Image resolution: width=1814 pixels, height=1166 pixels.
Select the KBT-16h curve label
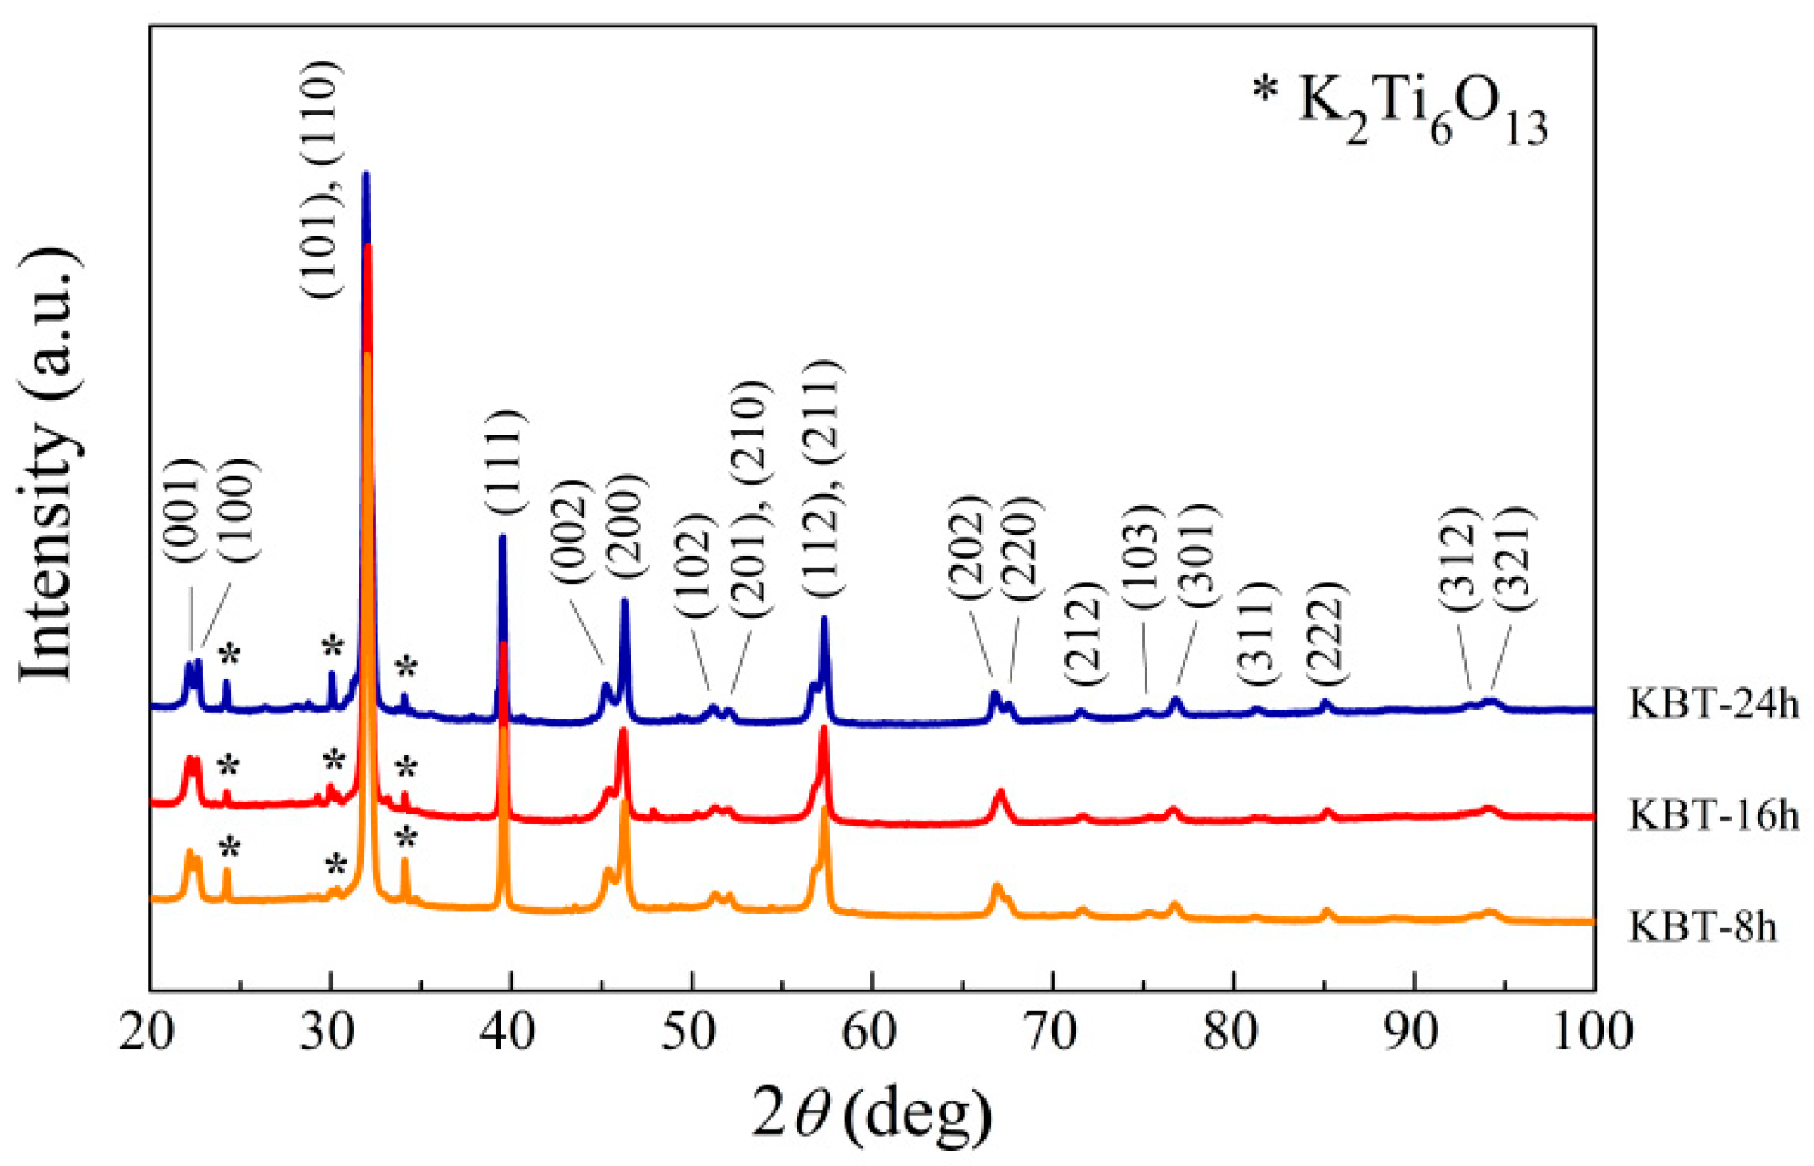click(x=1713, y=814)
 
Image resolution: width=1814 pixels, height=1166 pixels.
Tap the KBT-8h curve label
click(x=1702, y=926)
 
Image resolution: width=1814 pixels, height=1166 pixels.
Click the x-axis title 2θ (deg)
click(x=872, y=1113)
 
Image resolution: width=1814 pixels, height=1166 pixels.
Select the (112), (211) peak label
click(x=823, y=479)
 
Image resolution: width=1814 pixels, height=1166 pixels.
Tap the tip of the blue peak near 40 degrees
click(x=502, y=536)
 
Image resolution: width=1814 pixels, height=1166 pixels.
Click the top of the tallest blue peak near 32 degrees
click(x=365, y=174)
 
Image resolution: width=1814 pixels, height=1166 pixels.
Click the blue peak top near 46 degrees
click(x=625, y=601)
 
